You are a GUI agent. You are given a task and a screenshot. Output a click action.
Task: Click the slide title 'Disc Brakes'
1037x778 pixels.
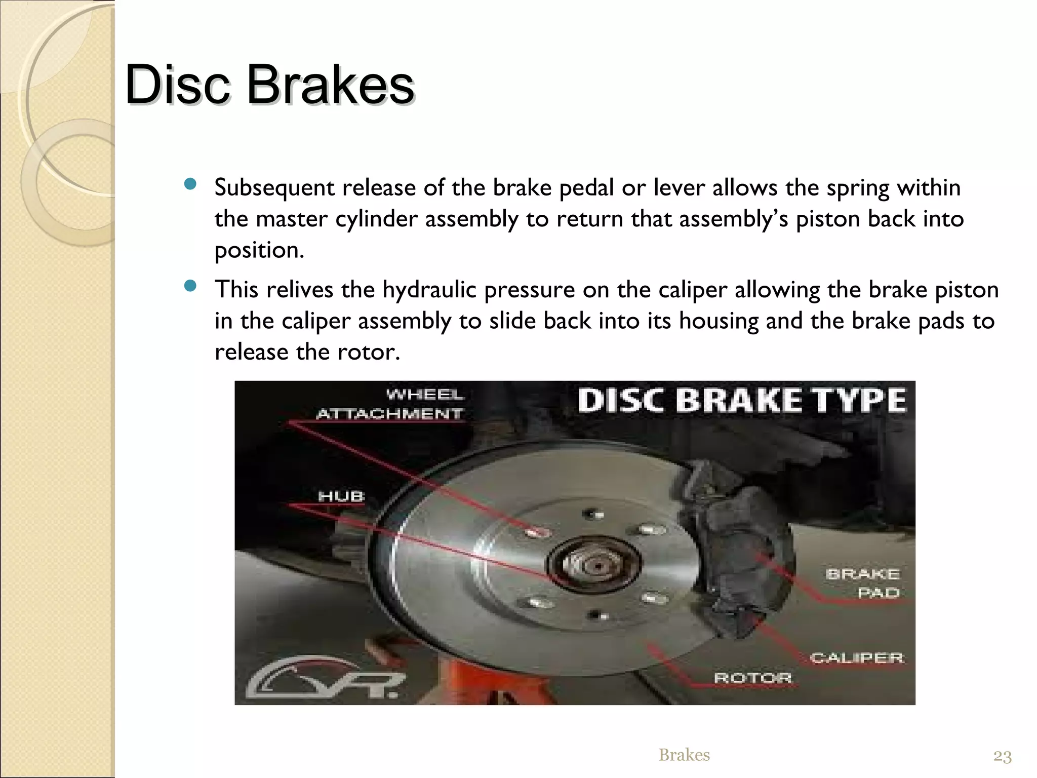coord(270,85)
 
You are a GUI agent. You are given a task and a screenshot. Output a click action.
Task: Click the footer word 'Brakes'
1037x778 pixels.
coord(684,755)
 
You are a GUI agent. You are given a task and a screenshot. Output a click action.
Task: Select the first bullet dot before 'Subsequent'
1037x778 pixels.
coord(190,184)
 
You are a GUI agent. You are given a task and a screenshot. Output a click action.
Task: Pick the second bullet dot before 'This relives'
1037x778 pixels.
coord(190,286)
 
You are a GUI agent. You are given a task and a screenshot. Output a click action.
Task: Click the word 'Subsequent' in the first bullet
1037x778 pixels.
coord(274,188)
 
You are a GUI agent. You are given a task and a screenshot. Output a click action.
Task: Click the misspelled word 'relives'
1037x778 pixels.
coord(300,290)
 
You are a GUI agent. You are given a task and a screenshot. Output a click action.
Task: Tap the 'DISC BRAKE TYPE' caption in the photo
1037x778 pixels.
coord(741,401)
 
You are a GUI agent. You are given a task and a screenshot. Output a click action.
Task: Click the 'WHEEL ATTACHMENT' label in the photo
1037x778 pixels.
coord(390,404)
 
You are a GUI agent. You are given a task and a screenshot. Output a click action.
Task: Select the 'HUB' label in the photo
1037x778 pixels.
coord(341,496)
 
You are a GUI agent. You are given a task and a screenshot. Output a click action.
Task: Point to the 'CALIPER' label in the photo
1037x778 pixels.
coord(857,658)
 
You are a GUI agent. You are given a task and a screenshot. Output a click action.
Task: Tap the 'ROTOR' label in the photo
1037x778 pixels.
coord(753,678)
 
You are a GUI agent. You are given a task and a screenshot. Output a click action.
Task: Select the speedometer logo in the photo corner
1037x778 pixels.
coord(324,678)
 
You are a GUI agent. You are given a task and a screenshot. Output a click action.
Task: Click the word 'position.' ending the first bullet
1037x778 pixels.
coord(259,251)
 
